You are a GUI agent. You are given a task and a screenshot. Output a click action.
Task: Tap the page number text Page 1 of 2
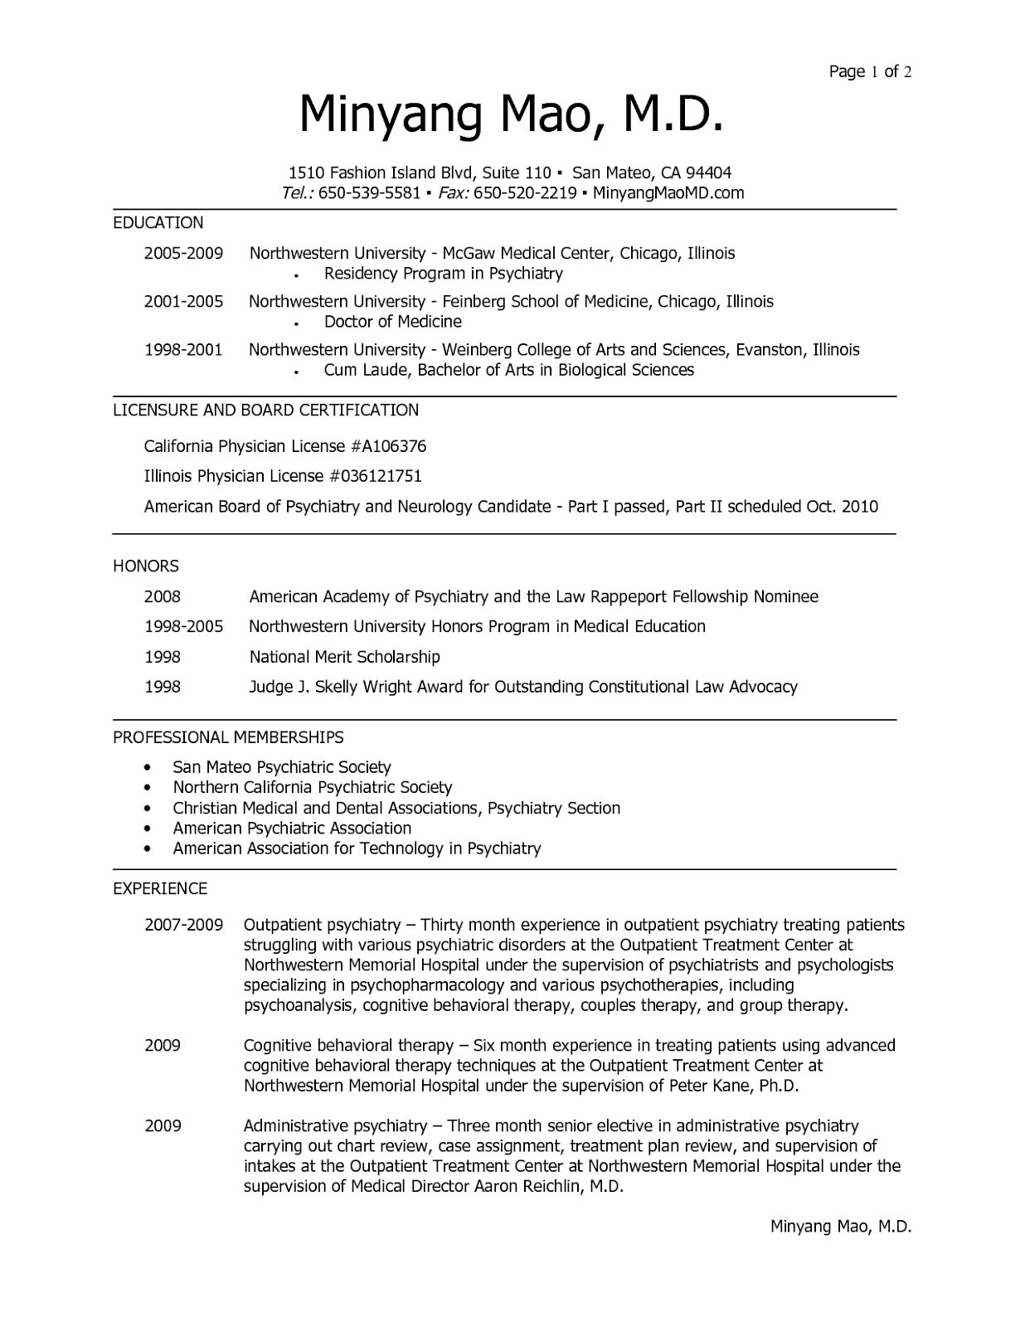click(870, 71)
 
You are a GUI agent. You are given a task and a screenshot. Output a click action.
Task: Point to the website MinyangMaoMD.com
click(668, 193)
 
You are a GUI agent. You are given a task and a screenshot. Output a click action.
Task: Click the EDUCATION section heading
click(158, 222)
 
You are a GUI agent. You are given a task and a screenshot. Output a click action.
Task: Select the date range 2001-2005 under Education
click(183, 302)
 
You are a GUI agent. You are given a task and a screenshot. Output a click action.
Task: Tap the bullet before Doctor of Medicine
click(296, 323)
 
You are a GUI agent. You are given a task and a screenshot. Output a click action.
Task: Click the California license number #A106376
click(388, 446)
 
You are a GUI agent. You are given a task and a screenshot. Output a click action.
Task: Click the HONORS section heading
click(146, 566)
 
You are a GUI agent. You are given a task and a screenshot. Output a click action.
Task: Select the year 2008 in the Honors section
click(163, 596)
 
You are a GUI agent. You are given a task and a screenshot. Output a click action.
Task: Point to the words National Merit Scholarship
click(344, 657)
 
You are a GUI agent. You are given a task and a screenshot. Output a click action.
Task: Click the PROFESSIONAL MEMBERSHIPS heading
click(228, 737)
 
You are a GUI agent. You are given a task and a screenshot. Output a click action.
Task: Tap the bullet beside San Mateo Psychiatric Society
click(148, 768)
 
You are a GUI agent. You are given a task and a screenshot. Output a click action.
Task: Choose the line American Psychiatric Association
click(292, 828)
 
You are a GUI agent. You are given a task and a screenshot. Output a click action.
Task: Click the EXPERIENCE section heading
click(160, 888)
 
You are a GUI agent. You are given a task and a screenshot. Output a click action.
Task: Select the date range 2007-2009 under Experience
click(183, 925)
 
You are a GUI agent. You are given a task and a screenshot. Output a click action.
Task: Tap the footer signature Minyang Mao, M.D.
click(841, 1226)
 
